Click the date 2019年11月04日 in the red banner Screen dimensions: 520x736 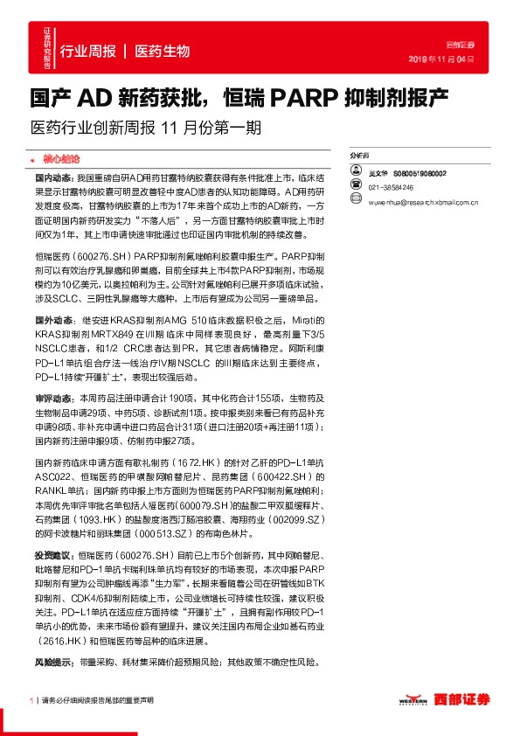click(x=441, y=59)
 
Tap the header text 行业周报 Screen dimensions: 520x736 click(x=87, y=52)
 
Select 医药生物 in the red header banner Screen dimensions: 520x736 click(x=163, y=52)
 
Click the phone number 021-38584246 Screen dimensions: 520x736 click(x=392, y=188)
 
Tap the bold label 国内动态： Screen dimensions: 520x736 click(x=55, y=177)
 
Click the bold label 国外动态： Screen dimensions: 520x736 click(x=55, y=320)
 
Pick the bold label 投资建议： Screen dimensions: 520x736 click(x=55, y=556)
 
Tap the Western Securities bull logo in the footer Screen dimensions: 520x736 click(x=413, y=701)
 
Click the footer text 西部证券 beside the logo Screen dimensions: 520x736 click(x=463, y=699)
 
